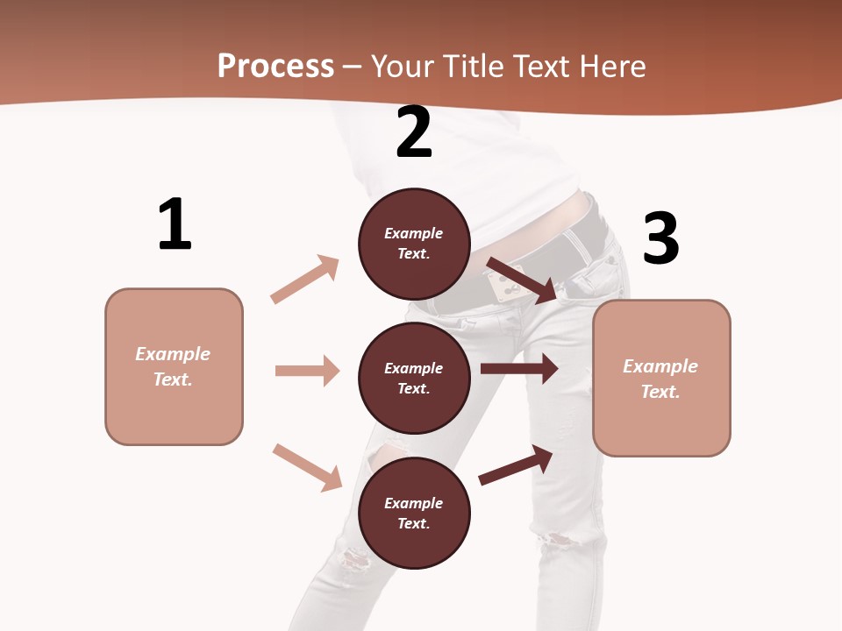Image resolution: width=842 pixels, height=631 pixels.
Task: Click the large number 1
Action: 175,224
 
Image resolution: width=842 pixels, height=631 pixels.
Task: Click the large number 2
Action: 414,132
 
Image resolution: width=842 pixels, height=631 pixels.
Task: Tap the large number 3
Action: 660,238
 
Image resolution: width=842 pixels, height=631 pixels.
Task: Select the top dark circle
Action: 414,244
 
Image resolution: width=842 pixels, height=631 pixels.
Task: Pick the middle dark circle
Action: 414,378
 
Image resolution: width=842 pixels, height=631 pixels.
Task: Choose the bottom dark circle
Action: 414,513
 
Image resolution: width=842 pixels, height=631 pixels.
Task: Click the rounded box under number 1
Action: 174,366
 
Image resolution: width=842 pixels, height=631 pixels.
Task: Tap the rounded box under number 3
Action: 661,378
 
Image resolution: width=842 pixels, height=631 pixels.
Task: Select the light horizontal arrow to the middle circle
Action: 307,371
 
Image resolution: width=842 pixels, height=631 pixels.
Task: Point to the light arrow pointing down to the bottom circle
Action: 307,467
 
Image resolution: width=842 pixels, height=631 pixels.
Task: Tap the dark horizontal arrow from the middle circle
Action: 519,368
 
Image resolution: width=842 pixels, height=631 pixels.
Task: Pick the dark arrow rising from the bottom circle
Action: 517,464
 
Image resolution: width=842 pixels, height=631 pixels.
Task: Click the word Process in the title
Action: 275,66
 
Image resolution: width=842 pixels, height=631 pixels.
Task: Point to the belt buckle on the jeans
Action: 503,282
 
